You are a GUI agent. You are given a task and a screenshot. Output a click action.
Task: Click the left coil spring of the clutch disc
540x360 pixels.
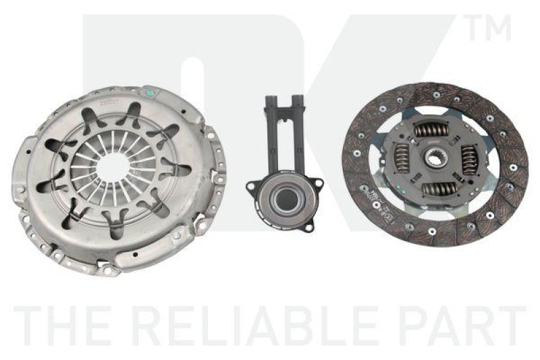click(x=402, y=165)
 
